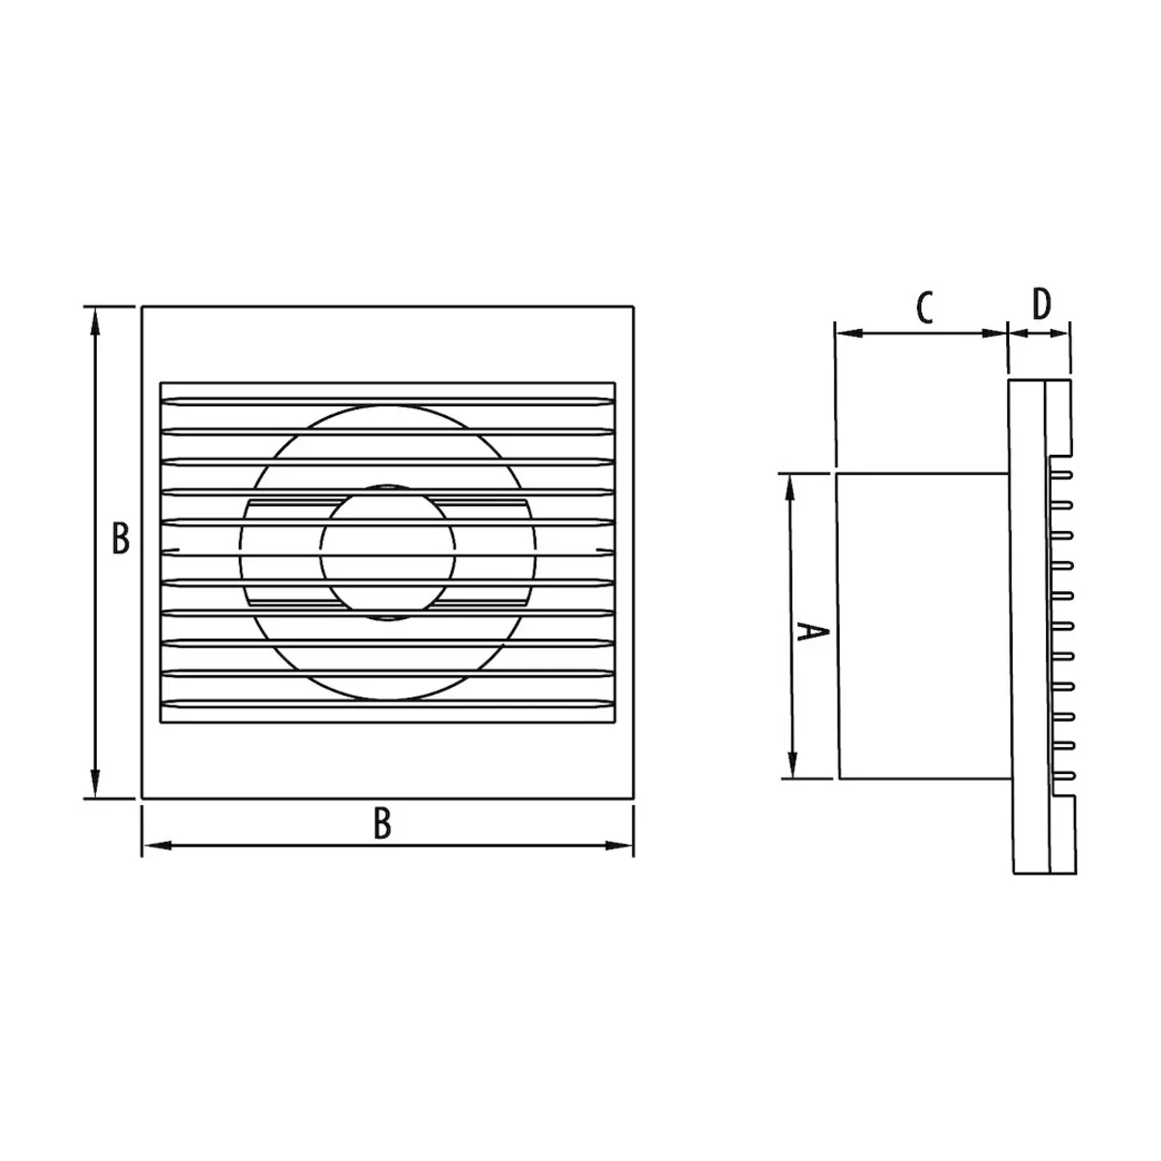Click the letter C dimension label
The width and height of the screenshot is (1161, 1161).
(924, 308)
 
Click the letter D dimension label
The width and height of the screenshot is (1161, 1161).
(1040, 304)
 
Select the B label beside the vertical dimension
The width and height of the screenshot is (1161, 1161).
(121, 538)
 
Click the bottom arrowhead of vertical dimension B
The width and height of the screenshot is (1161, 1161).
(95, 783)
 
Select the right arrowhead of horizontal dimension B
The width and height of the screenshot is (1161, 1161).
(617, 846)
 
